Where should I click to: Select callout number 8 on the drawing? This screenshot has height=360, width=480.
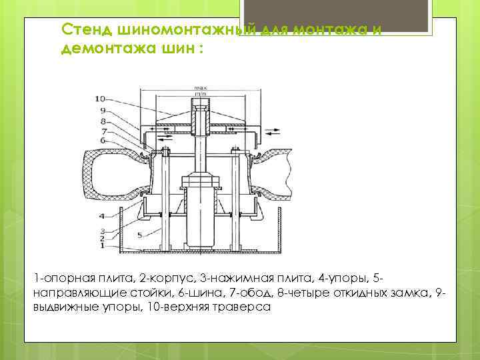(x=103, y=121)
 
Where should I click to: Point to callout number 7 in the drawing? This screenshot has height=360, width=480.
(x=103, y=131)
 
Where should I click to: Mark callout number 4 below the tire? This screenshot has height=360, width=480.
(x=101, y=216)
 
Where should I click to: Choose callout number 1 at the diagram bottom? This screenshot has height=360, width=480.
(x=101, y=246)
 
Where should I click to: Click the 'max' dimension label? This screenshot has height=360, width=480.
(x=199, y=87)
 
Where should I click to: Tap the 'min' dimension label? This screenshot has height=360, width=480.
(x=199, y=93)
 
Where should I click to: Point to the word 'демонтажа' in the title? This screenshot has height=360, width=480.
(x=99, y=49)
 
